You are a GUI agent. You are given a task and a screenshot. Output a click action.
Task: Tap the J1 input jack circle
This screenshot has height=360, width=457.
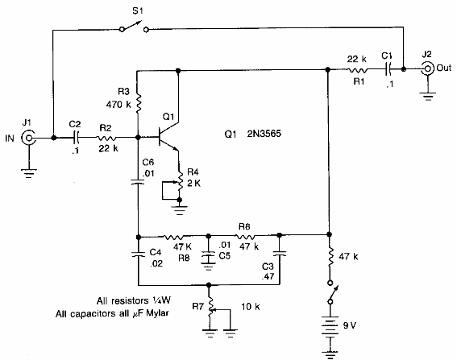(x=31, y=139)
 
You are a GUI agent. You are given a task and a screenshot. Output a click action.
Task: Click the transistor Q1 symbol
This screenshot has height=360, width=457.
(x=164, y=138)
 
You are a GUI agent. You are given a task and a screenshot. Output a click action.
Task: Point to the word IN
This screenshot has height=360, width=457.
(x=10, y=139)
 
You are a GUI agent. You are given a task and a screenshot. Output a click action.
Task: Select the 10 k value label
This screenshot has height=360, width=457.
(x=251, y=308)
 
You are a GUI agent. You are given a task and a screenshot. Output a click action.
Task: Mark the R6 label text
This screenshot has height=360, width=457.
(x=245, y=226)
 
